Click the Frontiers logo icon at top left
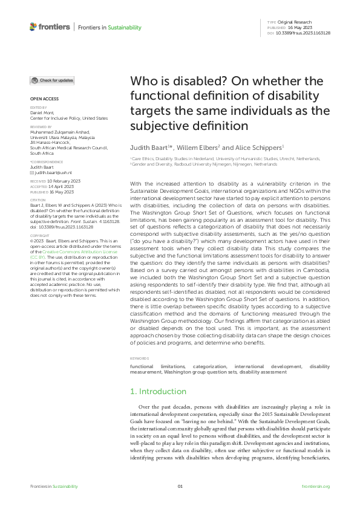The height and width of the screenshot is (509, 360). [33, 27]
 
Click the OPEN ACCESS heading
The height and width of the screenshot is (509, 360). [43, 99]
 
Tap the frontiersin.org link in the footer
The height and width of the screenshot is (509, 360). [315, 486]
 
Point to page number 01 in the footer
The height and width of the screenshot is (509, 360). [180, 486]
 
